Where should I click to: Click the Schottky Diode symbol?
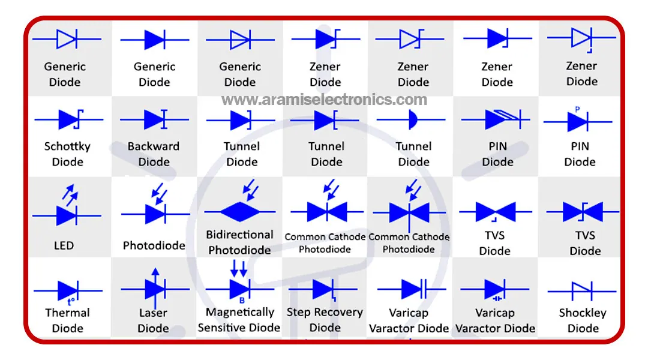(68, 119)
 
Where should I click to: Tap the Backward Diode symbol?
(154, 119)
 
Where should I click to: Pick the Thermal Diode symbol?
(67, 290)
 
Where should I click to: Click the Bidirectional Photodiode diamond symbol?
(240, 211)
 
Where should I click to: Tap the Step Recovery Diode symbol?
(324, 289)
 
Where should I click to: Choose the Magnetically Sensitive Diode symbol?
(240, 289)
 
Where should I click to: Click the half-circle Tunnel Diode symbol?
(413, 119)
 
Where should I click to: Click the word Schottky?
(67, 146)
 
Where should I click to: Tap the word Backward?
(154, 146)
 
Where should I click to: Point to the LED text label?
(64, 245)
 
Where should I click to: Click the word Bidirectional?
(239, 235)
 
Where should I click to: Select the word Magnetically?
(239, 312)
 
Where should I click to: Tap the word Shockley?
(583, 313)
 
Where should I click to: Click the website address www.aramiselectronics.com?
(325, 100)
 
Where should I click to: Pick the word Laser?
(153, 313)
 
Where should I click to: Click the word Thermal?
(67, 313)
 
